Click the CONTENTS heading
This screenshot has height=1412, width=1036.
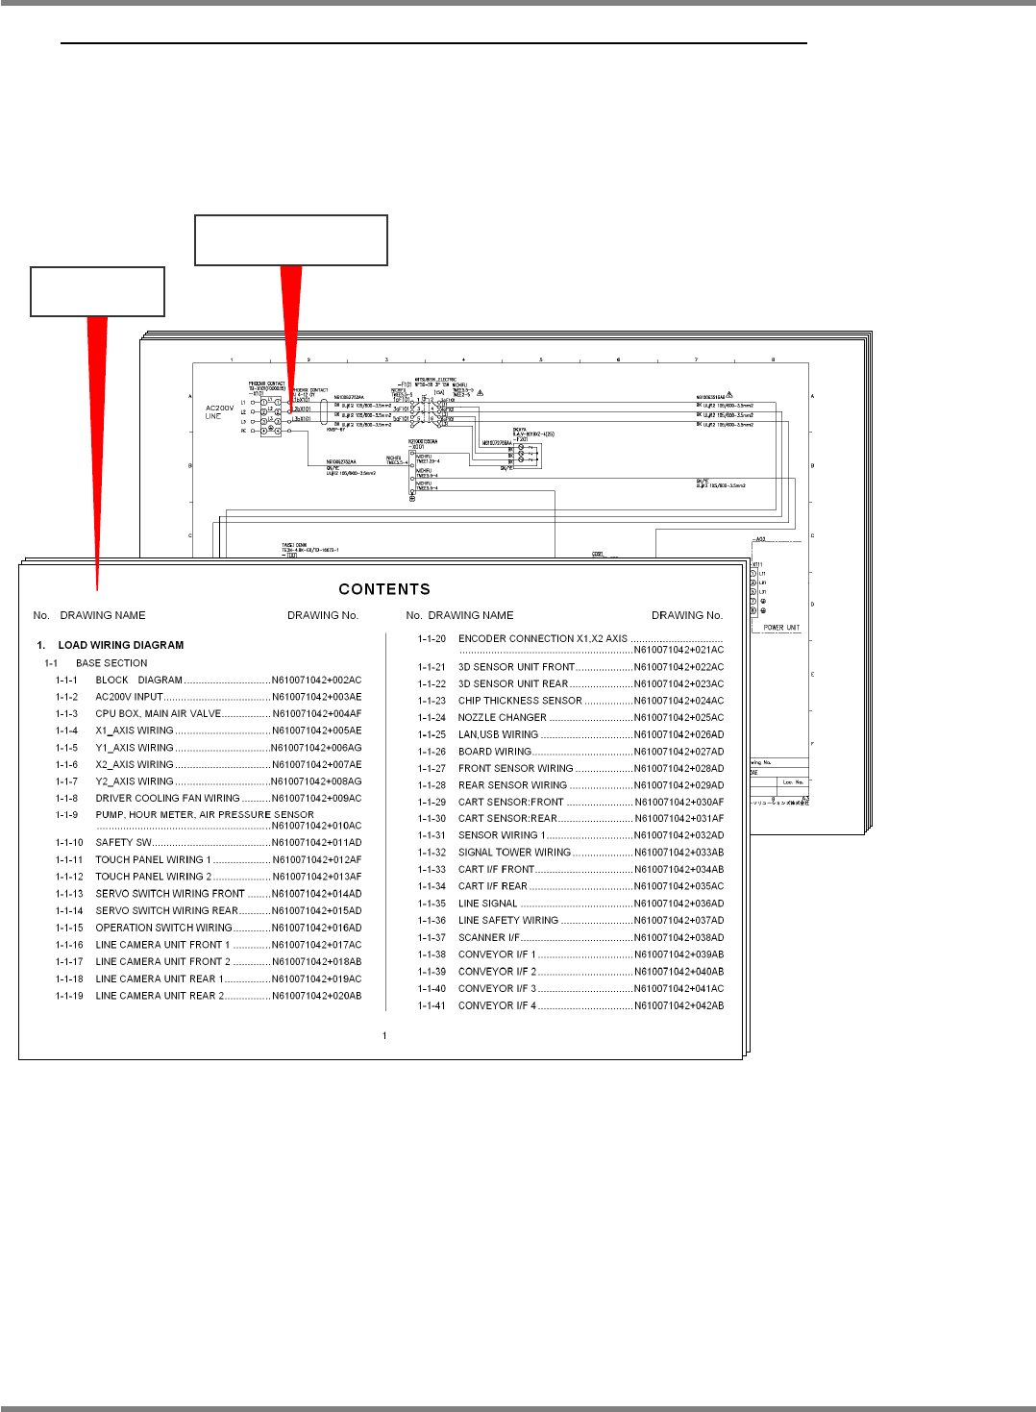coord(384,589)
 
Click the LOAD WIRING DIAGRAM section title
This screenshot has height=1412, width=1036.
coord(120,645)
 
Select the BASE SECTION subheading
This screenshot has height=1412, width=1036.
coord(111,663)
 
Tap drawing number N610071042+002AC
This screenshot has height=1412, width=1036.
coord(316,681)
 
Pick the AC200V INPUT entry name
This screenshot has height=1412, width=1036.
coord(129,697)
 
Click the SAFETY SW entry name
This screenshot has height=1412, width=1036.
coord(123,843)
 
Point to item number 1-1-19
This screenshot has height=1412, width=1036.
coord(69,997)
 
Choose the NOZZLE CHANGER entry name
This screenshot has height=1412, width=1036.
coord(502,718)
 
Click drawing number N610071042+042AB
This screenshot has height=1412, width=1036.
coord(678,1006)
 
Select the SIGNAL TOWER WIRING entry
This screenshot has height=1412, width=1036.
coord(514,853)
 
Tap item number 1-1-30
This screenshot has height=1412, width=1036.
coord(432,819)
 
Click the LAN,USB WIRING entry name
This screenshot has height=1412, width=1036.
coord(498,735)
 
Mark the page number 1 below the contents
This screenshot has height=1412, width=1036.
coord(384,1036)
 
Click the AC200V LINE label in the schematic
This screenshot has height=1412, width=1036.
coord(219,412)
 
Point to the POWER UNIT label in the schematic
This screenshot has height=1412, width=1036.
coord(781,628)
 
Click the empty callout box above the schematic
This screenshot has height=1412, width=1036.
coord(291,240)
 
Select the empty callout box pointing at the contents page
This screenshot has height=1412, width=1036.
coord(98,292)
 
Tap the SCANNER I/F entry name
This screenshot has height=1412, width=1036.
coord(488,938)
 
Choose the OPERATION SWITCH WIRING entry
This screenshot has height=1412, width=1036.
coord(163,929)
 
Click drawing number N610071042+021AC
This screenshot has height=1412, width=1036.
coord(678,651)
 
